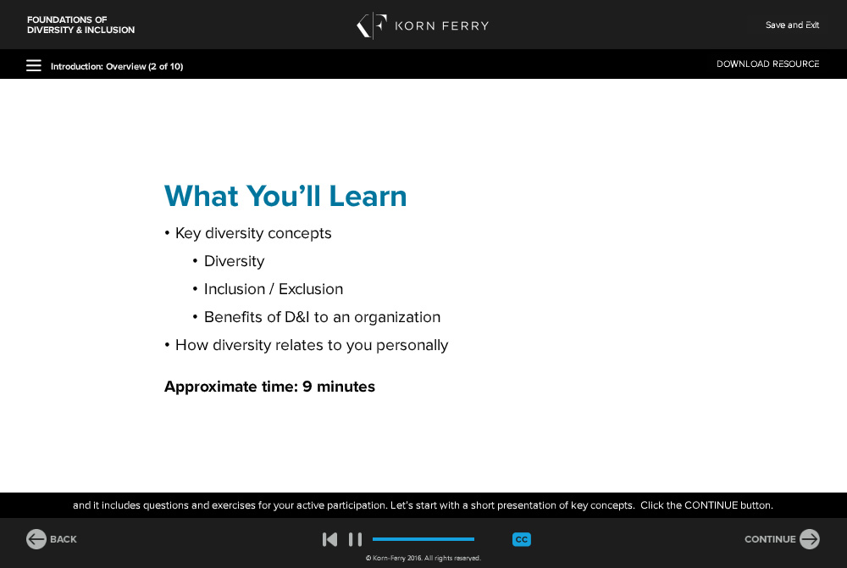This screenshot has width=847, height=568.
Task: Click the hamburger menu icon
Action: pos(34,65)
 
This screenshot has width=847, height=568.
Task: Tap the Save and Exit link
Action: pos(792,25)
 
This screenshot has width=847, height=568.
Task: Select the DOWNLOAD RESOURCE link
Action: pos(767,64)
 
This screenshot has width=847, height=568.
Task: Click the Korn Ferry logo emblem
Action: pos(372,25)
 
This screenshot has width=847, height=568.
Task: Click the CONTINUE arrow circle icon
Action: pos(809,539)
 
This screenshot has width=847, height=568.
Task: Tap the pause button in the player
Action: pos(355,539)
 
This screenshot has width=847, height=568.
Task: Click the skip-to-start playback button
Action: pos(329,539)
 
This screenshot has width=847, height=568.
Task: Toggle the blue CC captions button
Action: pos(521,539)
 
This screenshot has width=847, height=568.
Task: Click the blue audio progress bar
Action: pos(423,539)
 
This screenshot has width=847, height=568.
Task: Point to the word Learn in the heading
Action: pos(368,196)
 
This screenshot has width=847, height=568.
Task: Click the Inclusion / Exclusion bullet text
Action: pos(274,289)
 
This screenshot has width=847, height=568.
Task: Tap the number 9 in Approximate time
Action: pos(307,387)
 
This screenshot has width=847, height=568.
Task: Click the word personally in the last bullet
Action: pos(412,345)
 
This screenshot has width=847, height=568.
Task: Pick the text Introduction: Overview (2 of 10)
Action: pos(117,66)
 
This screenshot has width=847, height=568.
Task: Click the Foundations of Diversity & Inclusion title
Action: pos(80,25)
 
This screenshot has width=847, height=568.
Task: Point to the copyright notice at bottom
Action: pos(423,558)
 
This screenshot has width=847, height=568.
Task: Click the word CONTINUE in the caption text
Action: pos(711,505)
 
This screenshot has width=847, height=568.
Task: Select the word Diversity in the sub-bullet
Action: pos(234,262)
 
